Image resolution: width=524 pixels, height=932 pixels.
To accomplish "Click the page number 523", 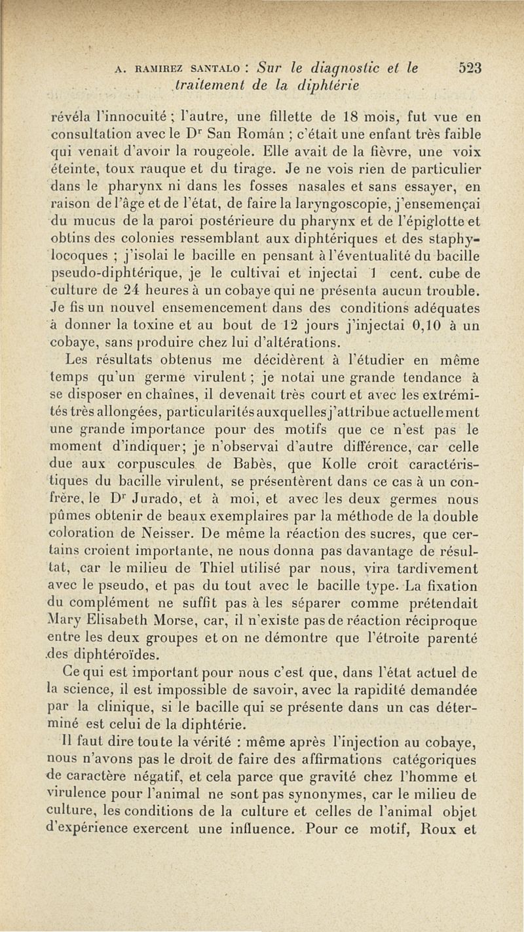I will pyautogui.click(x=470, y=67).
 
